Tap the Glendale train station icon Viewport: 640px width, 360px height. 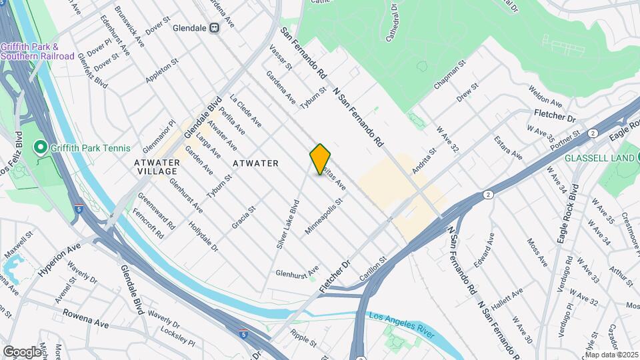(215, 27)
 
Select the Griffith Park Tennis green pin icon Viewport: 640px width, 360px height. (39, 147)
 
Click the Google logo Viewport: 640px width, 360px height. (22, 351)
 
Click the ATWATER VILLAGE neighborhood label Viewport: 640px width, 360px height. (157, 167)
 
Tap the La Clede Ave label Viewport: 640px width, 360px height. (245, 111)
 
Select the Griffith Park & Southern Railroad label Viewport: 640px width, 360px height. (37, 51)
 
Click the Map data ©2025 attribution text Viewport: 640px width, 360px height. (611, 355)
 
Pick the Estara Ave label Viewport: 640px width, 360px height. (507, 147)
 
